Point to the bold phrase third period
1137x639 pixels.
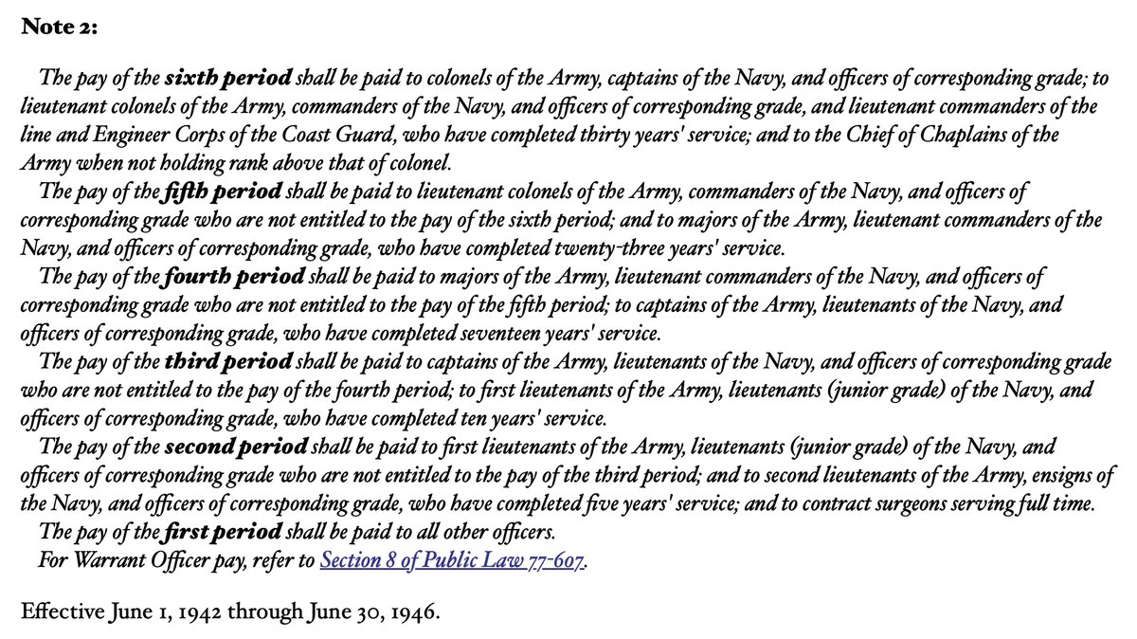tap(227, 361)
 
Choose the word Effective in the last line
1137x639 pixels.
tap(56, 612)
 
